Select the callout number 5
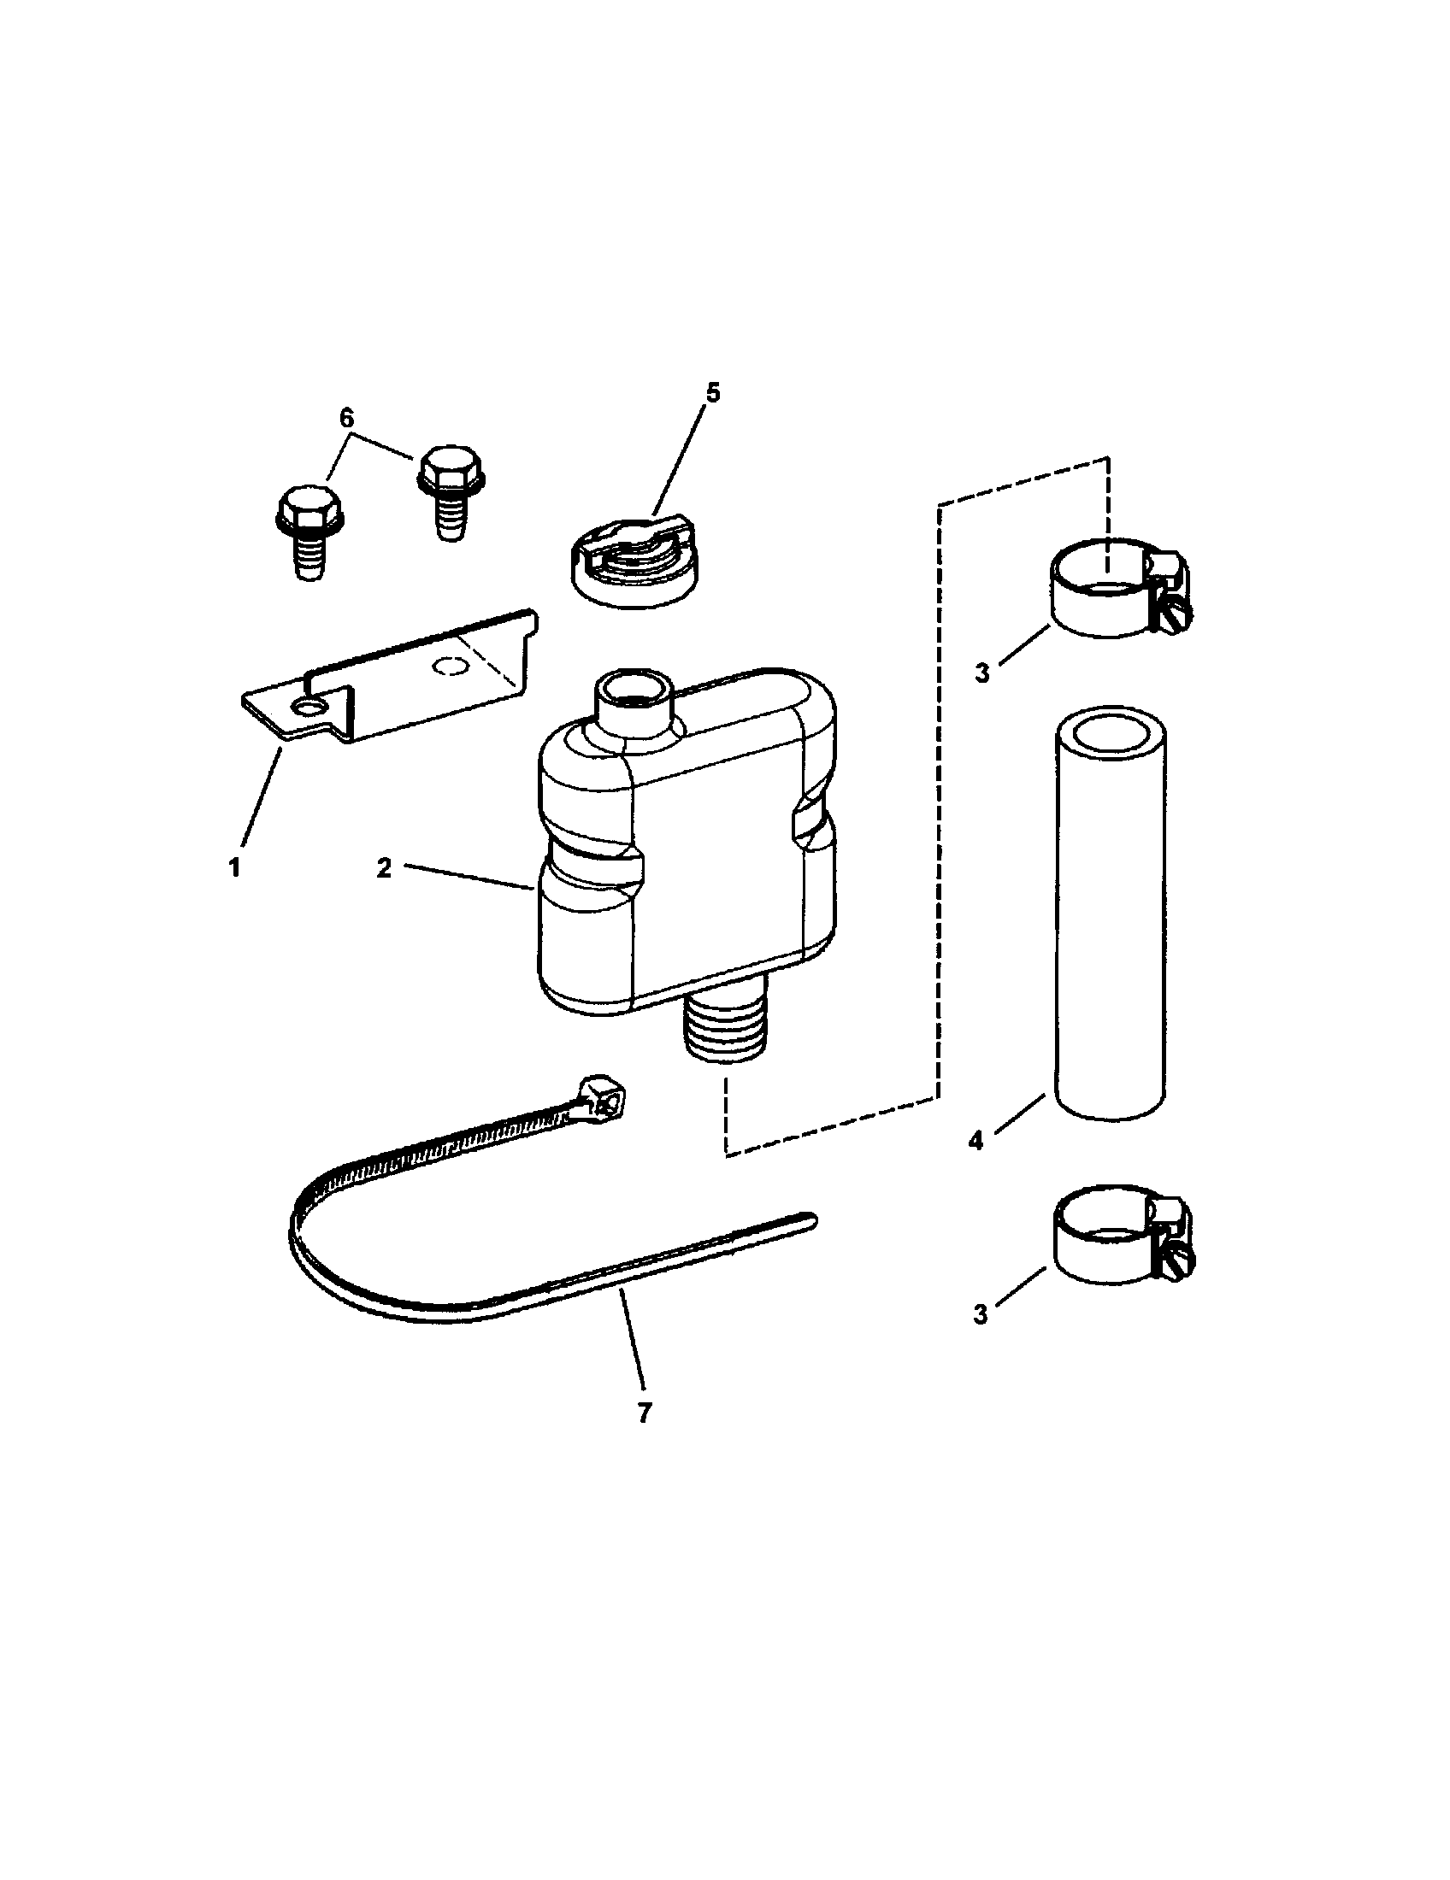711,392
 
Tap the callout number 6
346,419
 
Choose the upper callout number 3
981,673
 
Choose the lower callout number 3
981,1314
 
